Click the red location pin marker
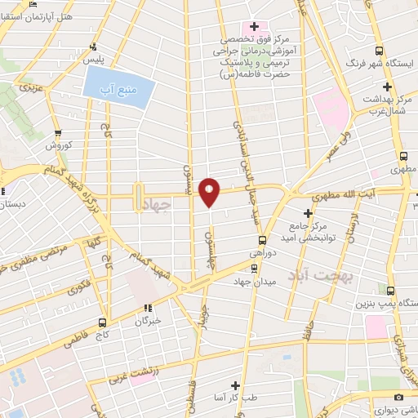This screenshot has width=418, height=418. [211, 192]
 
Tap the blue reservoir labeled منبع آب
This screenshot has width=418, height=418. [118, 87]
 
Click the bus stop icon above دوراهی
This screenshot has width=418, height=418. [262, 240]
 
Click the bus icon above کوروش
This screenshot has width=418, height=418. [57, 132]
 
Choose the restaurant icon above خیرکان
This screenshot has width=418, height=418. [148, 308]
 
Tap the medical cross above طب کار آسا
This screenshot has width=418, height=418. [235, 385]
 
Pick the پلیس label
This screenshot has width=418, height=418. [98, 60]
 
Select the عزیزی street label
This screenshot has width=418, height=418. [30, 85]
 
